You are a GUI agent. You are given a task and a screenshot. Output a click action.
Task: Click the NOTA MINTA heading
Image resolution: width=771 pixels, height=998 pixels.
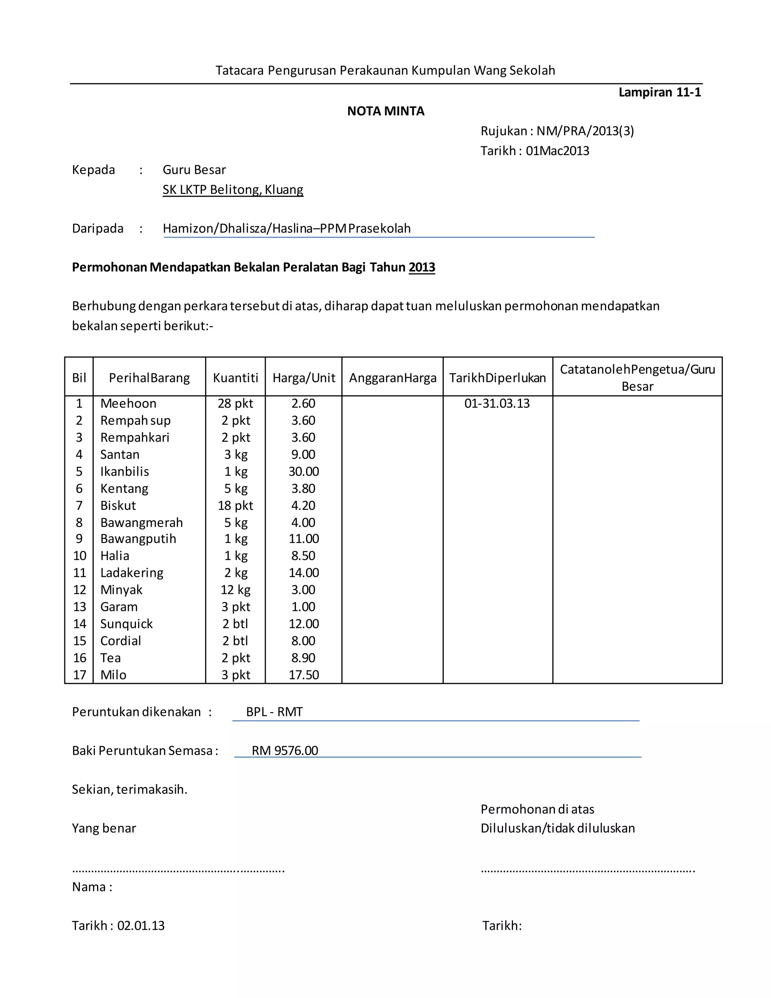tap(385, 111)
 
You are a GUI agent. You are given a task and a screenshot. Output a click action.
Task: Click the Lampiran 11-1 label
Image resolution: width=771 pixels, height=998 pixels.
tap(659, 92)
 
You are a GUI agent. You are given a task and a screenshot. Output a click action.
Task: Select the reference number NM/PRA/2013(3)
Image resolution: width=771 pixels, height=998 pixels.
tap(585, 131)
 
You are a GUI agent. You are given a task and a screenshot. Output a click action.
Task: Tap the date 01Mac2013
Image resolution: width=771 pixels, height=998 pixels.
tap(557, 151)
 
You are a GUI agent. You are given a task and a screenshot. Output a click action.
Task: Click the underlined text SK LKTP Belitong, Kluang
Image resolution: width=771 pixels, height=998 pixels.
tap(233, 190)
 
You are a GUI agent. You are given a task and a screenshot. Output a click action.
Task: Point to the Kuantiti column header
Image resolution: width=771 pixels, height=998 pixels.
tap(235, 378)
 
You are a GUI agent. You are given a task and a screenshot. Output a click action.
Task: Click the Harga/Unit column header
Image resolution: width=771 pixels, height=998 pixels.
tap(304, 378)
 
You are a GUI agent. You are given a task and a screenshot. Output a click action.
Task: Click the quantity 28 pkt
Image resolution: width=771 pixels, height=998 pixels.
tap(235, 403)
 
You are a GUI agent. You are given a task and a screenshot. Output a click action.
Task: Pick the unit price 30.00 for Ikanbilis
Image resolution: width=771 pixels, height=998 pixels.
tap(304, 472)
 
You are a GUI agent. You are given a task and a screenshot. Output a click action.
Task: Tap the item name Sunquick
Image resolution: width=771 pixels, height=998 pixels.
tap(126, 624)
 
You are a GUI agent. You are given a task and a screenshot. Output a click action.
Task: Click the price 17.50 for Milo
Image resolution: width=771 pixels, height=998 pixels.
tap(304, 675)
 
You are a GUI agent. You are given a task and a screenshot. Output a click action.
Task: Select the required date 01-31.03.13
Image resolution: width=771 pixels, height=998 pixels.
tap(497, 403)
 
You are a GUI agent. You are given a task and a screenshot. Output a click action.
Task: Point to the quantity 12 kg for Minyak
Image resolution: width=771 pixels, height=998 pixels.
tap(235, 590)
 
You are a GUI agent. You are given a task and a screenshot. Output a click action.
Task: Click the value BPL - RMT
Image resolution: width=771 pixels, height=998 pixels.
tap(274, 712)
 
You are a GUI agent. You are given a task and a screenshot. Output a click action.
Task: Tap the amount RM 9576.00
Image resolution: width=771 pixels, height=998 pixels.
tap(285, 751)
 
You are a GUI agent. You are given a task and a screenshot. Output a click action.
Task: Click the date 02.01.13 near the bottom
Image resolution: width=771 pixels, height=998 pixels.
tap(141, 926)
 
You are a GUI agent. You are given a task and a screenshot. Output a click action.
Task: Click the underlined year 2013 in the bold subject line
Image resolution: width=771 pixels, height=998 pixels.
tap(422, 267)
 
